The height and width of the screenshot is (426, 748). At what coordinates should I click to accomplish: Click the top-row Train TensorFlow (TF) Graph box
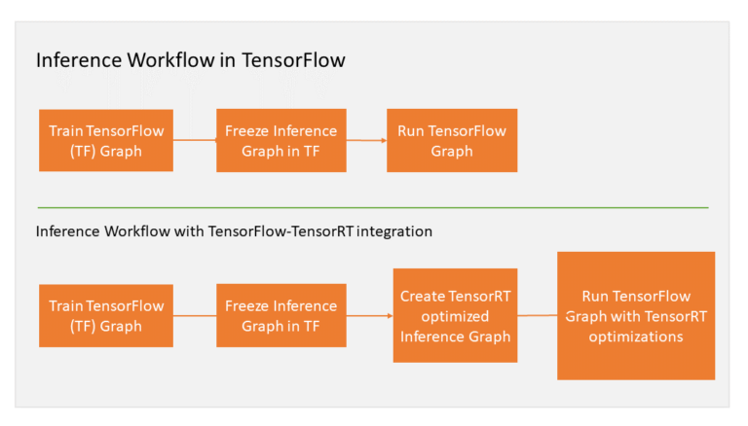click(106, 141)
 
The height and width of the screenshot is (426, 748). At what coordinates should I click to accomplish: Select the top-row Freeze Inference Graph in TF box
click(280, 141)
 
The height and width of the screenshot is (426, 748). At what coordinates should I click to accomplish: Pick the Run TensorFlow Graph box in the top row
click(452, 141)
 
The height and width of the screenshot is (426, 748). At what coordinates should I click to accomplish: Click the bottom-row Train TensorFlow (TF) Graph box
click(106, 316)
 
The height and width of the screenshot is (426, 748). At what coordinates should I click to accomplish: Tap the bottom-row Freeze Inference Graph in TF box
click(280, 316)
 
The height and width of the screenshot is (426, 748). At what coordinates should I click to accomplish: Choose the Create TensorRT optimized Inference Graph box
click(455, 316)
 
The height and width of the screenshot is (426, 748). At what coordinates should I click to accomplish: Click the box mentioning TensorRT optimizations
click(636, 316)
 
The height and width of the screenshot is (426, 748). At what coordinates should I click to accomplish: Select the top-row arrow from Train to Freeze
click(195, 140)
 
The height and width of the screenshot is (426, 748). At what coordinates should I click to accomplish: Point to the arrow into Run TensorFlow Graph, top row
click(366, 141)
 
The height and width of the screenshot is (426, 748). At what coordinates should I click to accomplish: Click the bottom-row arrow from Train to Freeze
click(195, 316)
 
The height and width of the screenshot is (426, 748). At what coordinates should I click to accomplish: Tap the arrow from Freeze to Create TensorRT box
click(369, 316)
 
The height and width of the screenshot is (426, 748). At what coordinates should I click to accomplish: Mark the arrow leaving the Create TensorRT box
click(537, 315)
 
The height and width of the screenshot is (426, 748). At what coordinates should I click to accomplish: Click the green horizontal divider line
click(373, 207)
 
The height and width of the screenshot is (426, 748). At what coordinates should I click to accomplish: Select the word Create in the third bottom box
click(423, 297)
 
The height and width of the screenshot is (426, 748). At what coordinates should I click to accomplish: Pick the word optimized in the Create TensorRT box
click(455, 316)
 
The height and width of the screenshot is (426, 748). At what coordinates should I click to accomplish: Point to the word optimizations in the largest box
click(636, 337)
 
